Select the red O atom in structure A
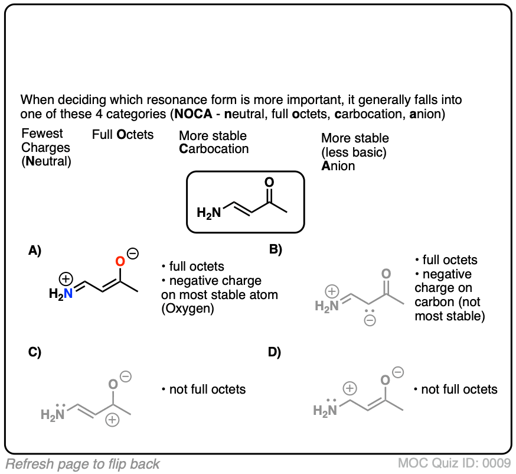(x=119, y=261)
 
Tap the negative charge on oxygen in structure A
(x=133, y=254)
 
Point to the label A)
(x=35, y=251)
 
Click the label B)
(x=276, y=249)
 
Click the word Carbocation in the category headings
(x=214, y=148)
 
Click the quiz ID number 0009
(x=499, y=463)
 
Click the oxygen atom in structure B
(x=386, y=275)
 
